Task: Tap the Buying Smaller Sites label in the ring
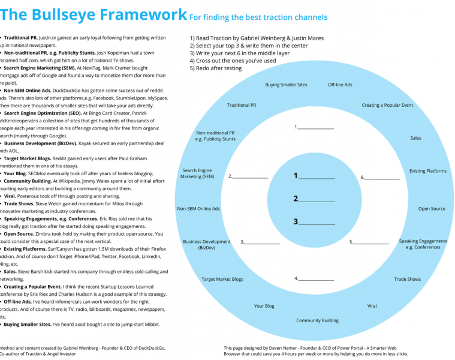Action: tap(286, 85)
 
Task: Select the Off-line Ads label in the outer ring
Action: tap(340, 85)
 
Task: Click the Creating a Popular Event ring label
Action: tap(387, 105)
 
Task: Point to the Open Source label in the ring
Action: tap(432, 209)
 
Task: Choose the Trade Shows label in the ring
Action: tap(407, 279)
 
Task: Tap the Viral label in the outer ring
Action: tap(372, 306)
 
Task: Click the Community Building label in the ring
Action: tap(317, 320)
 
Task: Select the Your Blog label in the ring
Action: tap(264, 306)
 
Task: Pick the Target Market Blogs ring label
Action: tap(222, 279)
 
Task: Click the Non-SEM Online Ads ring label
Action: tap(198, 209)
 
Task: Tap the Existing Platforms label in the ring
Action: tap(427, 171)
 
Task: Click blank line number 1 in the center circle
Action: tap(318, 178)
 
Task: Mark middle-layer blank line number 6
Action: tap(382, 179)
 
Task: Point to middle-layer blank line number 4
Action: tap(317, 280)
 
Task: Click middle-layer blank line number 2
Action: tap(251, 178)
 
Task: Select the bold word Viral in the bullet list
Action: tap(10, 196)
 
